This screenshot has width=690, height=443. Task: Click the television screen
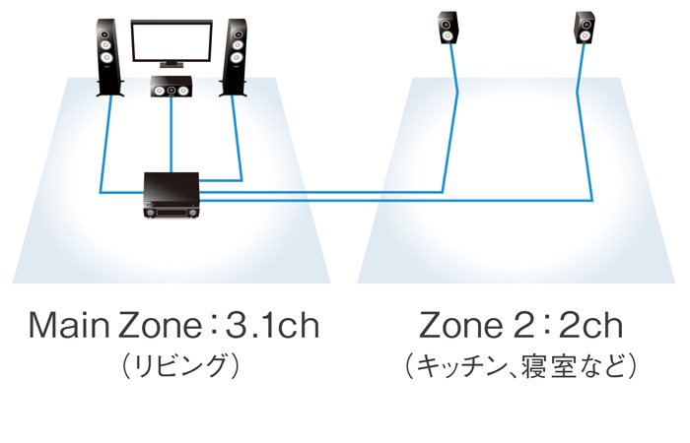point(172,40)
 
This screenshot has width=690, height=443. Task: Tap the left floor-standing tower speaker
point(108,57)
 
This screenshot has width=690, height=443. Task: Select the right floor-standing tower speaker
point(234,57)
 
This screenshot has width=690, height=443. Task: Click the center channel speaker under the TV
point(172,87)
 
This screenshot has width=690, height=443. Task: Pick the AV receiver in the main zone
point(172,196)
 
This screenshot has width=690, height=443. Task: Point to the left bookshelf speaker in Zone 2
point(448,28)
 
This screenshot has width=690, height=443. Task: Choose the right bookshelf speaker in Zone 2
point(586,28)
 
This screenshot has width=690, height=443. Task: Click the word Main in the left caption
point(69,326)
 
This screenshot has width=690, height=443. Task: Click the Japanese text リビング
point(180,366)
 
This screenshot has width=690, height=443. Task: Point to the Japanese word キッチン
point(460,366)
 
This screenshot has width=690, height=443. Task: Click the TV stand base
point(172,65)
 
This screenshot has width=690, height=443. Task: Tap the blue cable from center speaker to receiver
point(172,135)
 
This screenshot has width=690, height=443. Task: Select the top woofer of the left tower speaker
point(106,45)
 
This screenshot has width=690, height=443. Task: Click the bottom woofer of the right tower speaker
point(237,57)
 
